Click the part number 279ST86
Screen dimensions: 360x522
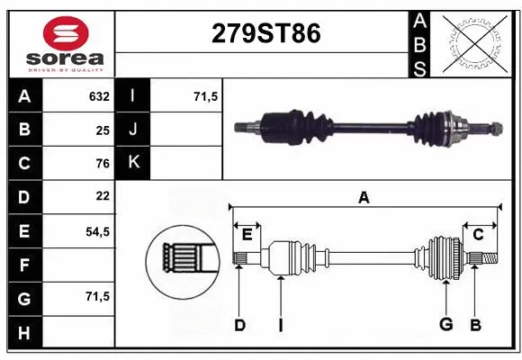pos(265,33)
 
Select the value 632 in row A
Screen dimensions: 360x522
pos(98,96)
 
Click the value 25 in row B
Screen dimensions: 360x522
pos(102,130)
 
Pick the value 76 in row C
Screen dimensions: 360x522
pos(102,163)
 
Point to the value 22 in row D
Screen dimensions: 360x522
pos(102,196)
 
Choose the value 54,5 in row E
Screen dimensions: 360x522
pos(96,230)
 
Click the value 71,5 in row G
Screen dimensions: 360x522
pos(96,296)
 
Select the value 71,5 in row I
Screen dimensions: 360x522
pos(206,96)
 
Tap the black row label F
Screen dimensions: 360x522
pos(23,265)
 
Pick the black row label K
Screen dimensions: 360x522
pos(134,163)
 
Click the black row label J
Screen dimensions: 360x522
pos(134,130)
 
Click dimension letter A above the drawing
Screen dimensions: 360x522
pos(364,197)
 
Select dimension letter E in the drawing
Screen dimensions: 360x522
pos(247,235)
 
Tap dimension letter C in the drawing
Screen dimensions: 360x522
pos(478,235)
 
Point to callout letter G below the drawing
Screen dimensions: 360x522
pos(445,325)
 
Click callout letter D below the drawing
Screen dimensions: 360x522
pos(239,325)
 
